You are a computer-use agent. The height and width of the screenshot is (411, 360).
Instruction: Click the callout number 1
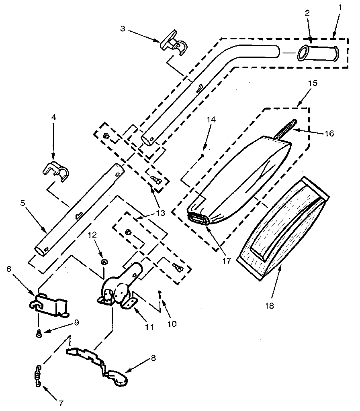click(x=340, y=7)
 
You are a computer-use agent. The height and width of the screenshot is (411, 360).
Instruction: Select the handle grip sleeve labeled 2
click(x=318, y=53)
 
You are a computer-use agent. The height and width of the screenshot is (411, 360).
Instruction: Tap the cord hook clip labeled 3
click(x=173, y=45)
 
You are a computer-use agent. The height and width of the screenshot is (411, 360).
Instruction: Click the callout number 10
click(x=172, y=324)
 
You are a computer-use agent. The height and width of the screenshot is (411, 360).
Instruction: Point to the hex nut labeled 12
click(x=103, y=262)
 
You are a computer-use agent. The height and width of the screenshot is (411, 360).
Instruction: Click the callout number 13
click(x=160, y=214)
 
